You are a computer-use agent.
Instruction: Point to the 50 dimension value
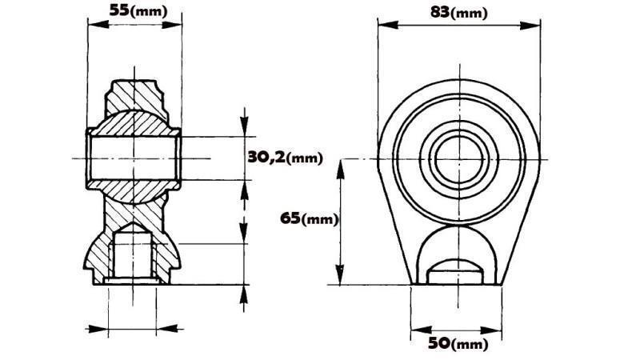pos(438,344)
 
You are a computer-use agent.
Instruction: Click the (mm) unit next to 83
pos(469,13)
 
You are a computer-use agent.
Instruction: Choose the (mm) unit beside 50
pos(467,345)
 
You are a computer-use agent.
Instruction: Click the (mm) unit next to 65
pos(320,218)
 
